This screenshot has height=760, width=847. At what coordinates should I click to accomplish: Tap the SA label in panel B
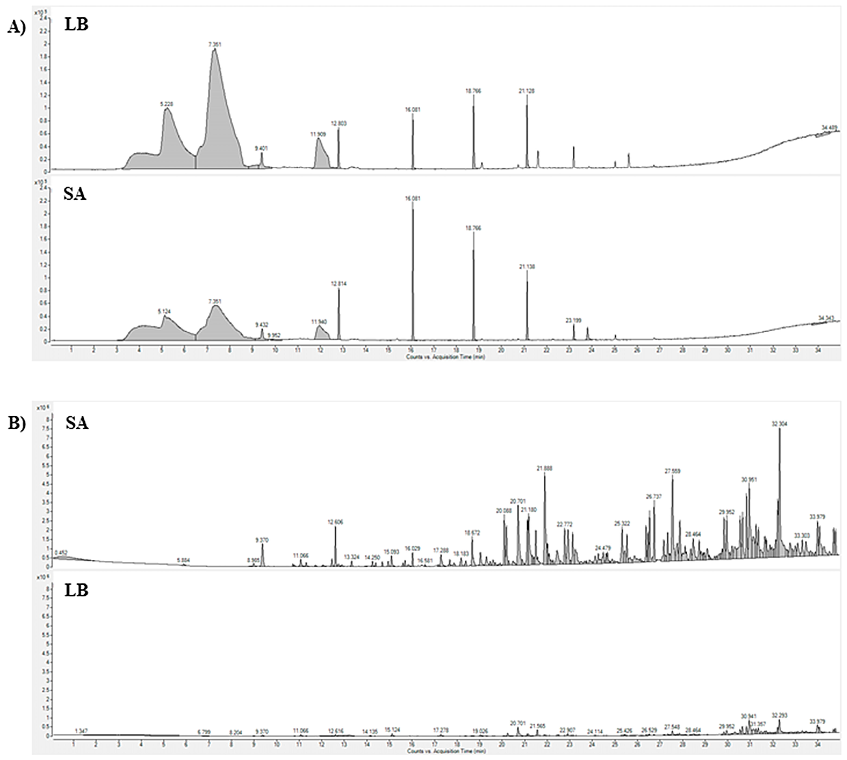click(x=77, y=423)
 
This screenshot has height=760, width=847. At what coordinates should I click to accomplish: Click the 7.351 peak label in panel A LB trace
click(x=215, y=44)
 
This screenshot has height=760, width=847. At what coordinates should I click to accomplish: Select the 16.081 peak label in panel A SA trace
click(x=413, y=199)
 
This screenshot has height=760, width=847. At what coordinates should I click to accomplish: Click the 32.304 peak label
click(x=779, y=423)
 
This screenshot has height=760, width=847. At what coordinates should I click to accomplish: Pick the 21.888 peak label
click(x=544, y=469)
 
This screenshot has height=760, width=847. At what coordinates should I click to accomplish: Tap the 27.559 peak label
click(x=672, y=471)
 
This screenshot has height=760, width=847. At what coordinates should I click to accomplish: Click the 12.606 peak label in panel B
click(x=335, y=522)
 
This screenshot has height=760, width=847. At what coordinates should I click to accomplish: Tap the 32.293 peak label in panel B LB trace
click(x=779, y=716)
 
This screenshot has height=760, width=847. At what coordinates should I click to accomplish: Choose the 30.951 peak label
click(x=749, y=480)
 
